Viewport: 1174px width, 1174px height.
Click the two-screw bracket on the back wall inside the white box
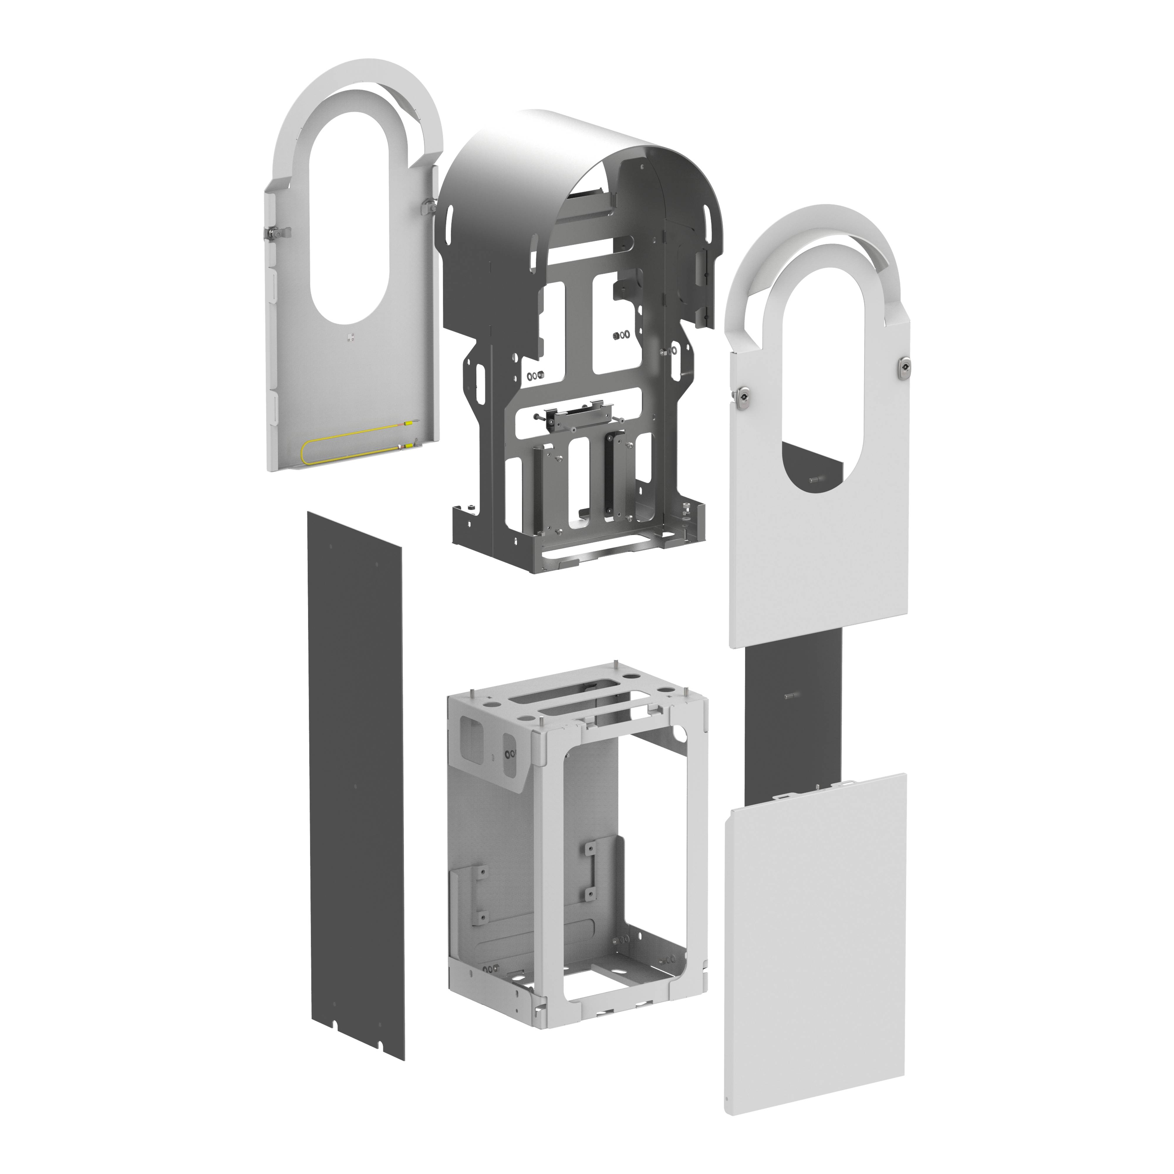tap(590, 871)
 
